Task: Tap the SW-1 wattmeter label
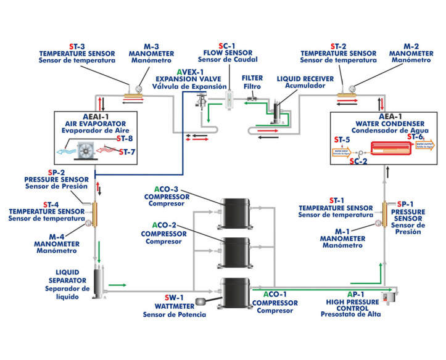point(178,297)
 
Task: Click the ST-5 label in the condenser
point(342,139)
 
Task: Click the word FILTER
point(252,79)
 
